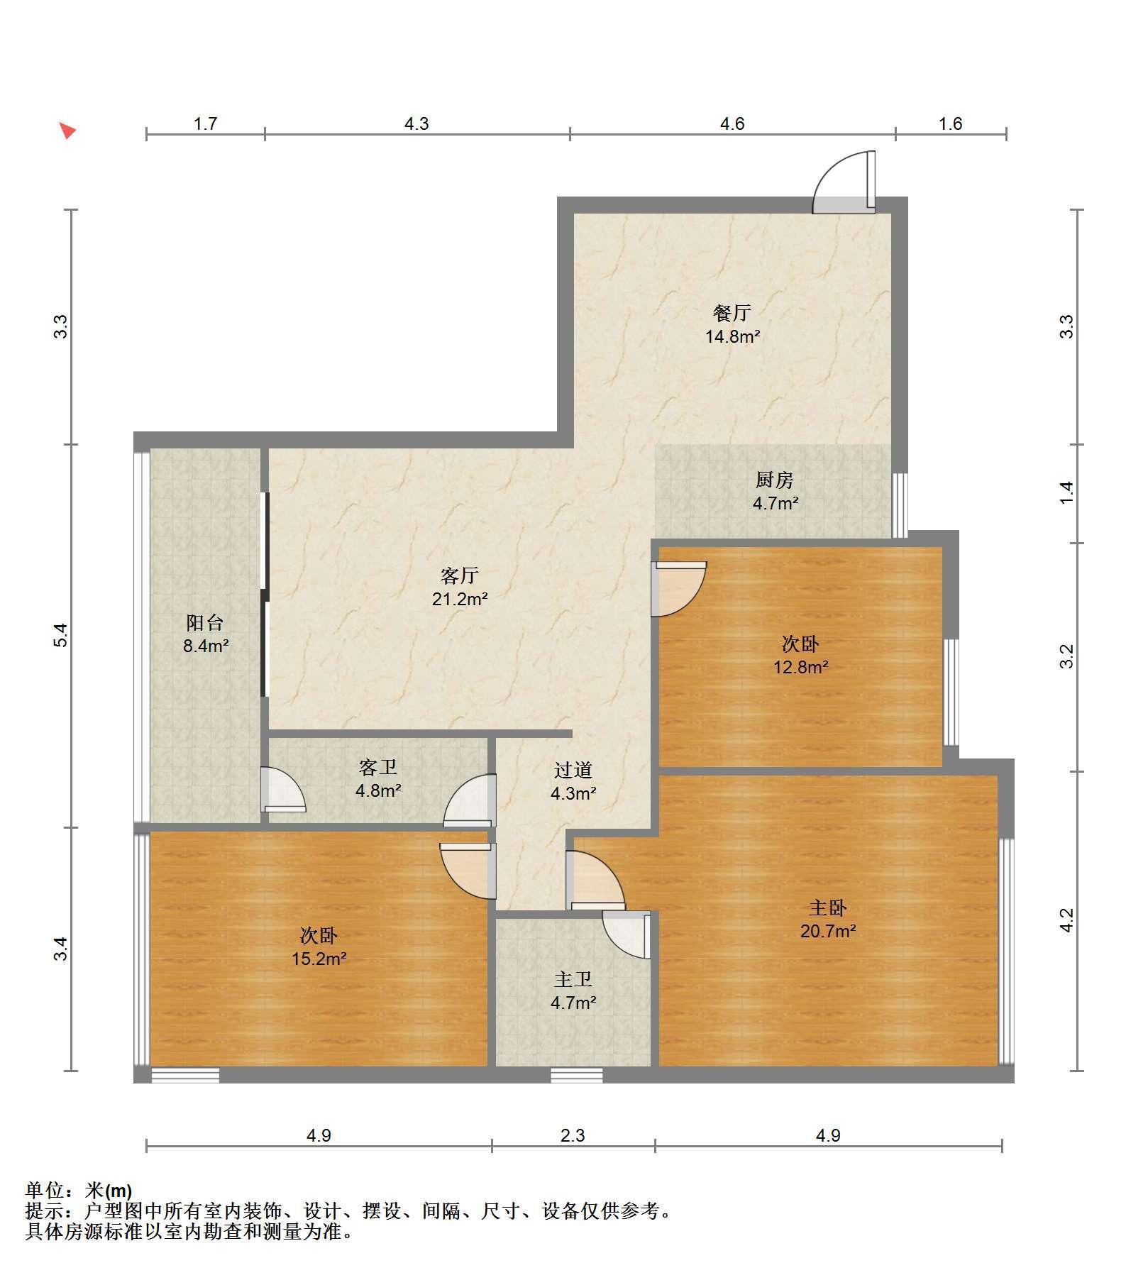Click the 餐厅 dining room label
pos(732,312)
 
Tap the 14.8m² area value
pos(732,336)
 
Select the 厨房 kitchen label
pos(774,480)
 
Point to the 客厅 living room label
pos(459,575)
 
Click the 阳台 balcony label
pos(205,623)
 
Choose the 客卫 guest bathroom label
pos(378,767)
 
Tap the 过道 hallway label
pos(573,770)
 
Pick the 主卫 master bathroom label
pos(573,979)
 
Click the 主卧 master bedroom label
pos(827,907)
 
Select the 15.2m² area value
pos(319,959)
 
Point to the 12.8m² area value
pos(801,667)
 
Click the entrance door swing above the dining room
pos(844,182)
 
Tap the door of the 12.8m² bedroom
pos(679,588)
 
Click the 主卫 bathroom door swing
pos(626,935)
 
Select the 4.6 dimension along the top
pos(732,124)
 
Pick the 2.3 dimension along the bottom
pos(573,1136)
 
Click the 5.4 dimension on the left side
pos(61,635)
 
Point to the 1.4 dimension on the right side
pos(1066,493)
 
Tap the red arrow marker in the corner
pos(67,131)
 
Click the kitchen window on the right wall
pos(900,505)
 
